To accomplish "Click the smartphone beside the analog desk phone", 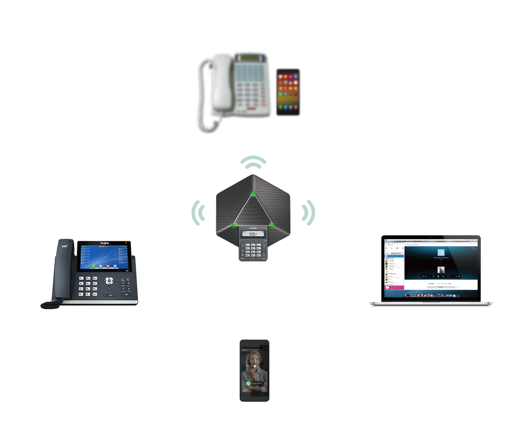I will click(288, 92).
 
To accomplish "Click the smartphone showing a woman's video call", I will click(255, 371).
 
